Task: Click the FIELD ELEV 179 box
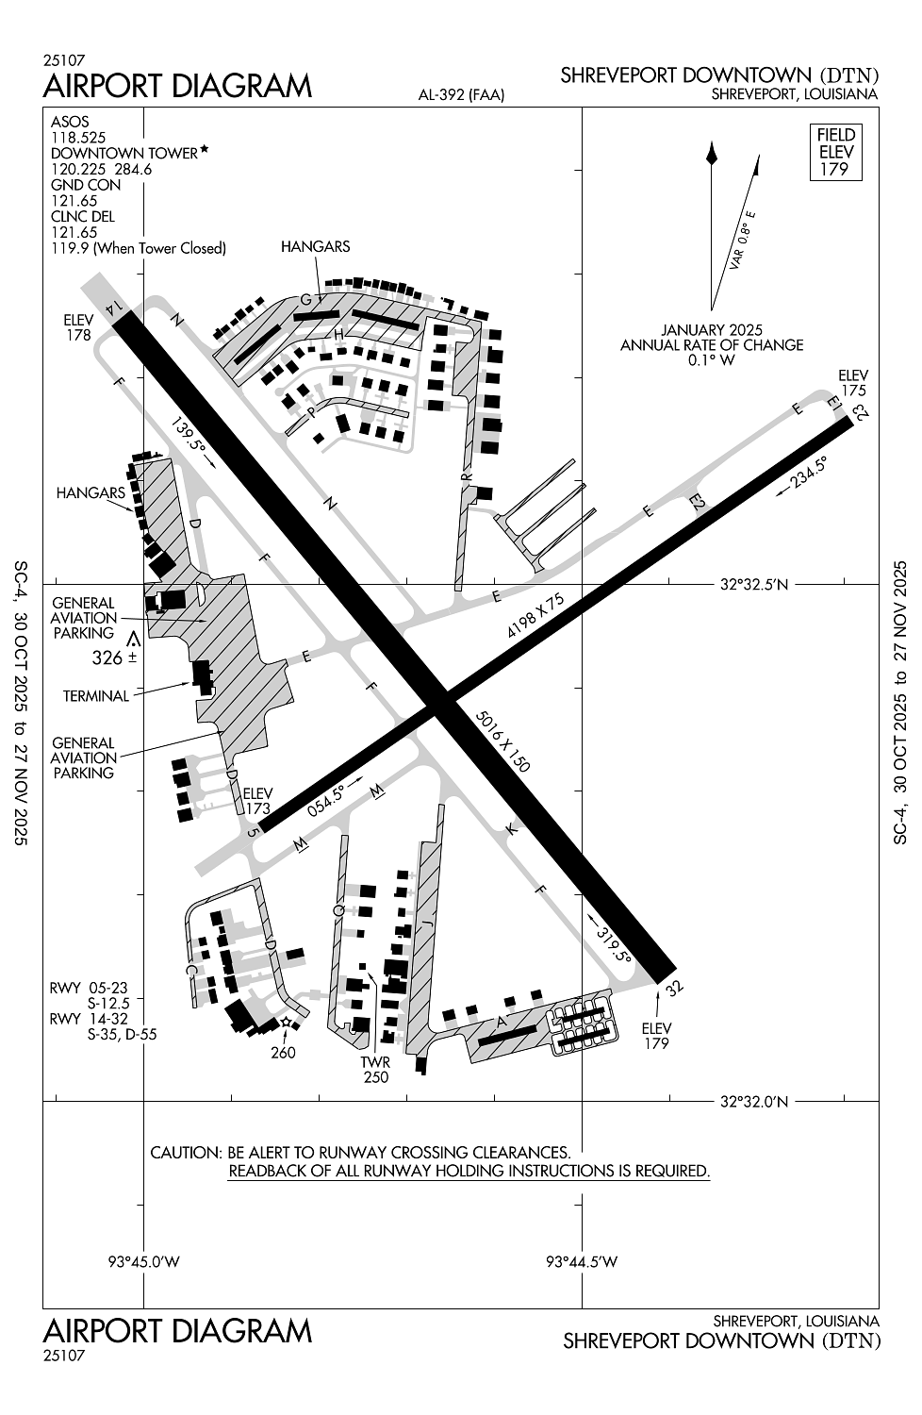(835, 152)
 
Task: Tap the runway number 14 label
(116, 305)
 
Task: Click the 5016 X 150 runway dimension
(504, 741)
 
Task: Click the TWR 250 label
(375, 1069)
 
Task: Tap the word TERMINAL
(95, 696)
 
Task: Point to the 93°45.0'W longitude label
(144, 1262)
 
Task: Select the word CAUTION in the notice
(185, 1153)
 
